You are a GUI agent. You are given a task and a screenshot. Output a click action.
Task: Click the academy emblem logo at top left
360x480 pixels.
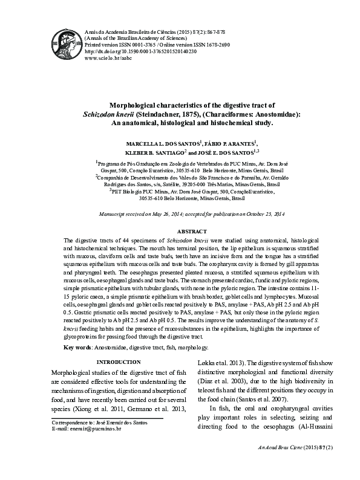[x=67, y=46]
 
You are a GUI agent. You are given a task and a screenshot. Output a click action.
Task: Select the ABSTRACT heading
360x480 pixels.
[x=192, y=232]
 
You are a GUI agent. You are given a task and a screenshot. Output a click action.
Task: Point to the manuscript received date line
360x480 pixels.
[x=192, y=215]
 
